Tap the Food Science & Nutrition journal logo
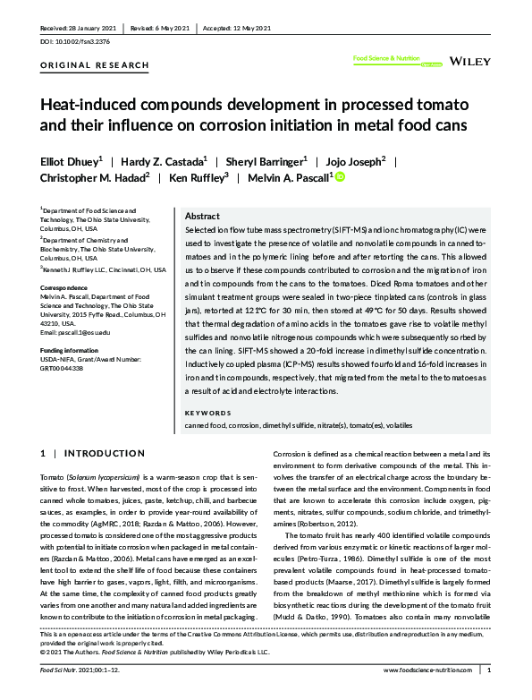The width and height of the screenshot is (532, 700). (387, 61)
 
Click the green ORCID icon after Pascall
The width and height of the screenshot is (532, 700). (340, 177)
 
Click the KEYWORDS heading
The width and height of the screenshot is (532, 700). (207, 413)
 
